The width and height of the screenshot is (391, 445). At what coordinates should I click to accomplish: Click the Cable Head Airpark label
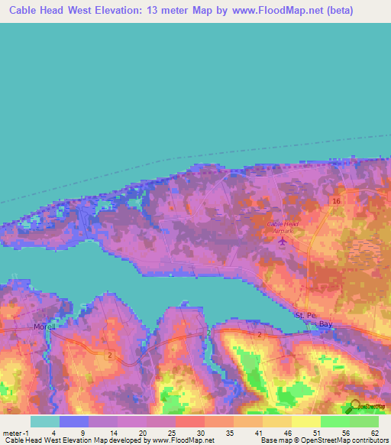283,224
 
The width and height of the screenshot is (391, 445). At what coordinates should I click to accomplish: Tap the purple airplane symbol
283,242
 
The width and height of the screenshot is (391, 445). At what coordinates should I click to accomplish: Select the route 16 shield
335,200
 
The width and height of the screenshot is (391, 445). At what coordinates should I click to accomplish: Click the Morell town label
40,326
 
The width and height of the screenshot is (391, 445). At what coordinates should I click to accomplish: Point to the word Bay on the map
326,324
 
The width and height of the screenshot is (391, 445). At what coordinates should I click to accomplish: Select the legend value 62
374,432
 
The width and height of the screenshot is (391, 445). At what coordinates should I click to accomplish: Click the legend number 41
259,432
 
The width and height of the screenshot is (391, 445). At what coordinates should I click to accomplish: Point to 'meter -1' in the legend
17,432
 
